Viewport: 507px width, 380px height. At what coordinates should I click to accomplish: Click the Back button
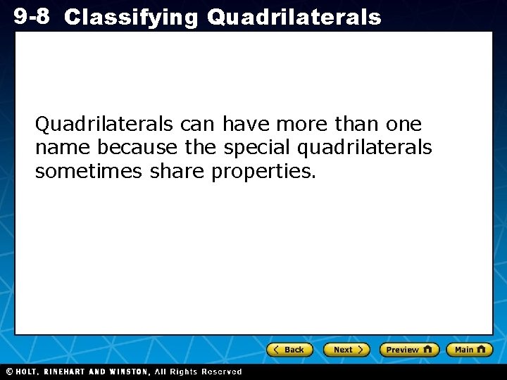coord(289,350)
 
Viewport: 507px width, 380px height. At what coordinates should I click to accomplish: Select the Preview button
coord(409,350)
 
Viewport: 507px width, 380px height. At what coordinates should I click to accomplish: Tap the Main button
coord(470,350)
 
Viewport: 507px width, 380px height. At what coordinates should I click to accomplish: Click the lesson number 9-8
coord(31,16)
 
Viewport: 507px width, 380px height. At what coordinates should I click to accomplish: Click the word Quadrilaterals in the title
coord(294,18)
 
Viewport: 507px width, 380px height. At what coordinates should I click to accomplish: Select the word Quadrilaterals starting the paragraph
coord(104,125)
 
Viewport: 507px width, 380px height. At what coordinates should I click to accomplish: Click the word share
coord(178,171)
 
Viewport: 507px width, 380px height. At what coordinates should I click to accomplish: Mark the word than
coord(358,125)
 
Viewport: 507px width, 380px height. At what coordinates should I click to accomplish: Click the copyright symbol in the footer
coord(8,372)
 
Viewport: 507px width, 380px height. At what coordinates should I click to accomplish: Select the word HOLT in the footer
coord(28,372)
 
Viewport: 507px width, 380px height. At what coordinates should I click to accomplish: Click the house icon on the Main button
coord(481,349)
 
